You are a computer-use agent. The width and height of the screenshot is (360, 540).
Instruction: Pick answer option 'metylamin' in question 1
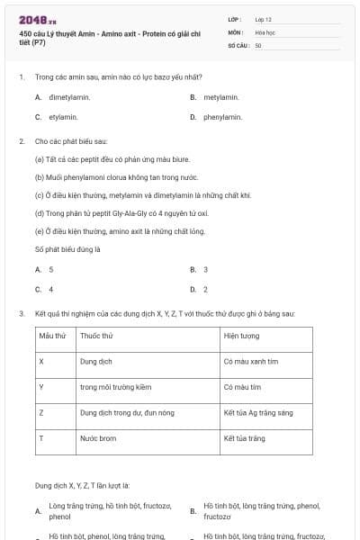[220, 97]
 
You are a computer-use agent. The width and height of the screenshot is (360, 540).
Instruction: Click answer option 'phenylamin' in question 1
[223, 117]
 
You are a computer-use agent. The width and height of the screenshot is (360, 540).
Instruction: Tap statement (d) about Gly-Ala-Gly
[121, 213]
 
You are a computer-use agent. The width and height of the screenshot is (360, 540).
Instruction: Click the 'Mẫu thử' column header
[52, 336]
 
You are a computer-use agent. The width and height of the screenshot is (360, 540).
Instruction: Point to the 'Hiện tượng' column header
[242, 336]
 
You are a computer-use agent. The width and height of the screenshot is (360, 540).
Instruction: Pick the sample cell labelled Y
[41, 387]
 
